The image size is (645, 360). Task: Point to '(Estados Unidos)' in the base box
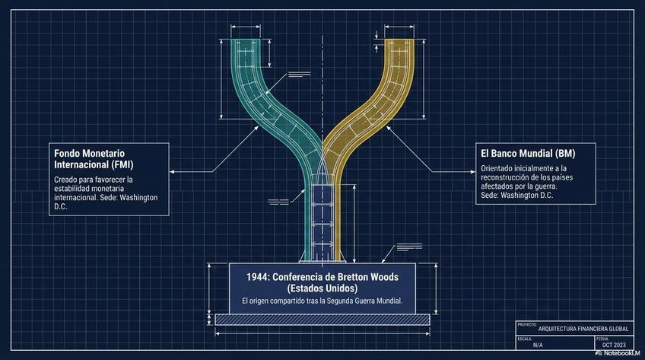pos(322,288)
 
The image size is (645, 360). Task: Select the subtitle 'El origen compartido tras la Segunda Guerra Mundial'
pos(322,302)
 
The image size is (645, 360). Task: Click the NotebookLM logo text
pos(616,354)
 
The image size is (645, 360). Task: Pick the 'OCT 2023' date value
pos(614,346)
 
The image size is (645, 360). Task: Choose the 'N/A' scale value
pos(538,346)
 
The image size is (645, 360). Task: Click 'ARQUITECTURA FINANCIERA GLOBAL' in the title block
pos(583,329)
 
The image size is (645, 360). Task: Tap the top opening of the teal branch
pos(246,40)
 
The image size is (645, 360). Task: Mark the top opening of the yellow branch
pos(399,40)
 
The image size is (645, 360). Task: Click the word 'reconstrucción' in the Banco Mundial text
pos(507,176)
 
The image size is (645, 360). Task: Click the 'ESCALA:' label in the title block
pos(525,338)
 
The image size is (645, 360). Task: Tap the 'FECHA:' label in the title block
pos(603,338)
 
